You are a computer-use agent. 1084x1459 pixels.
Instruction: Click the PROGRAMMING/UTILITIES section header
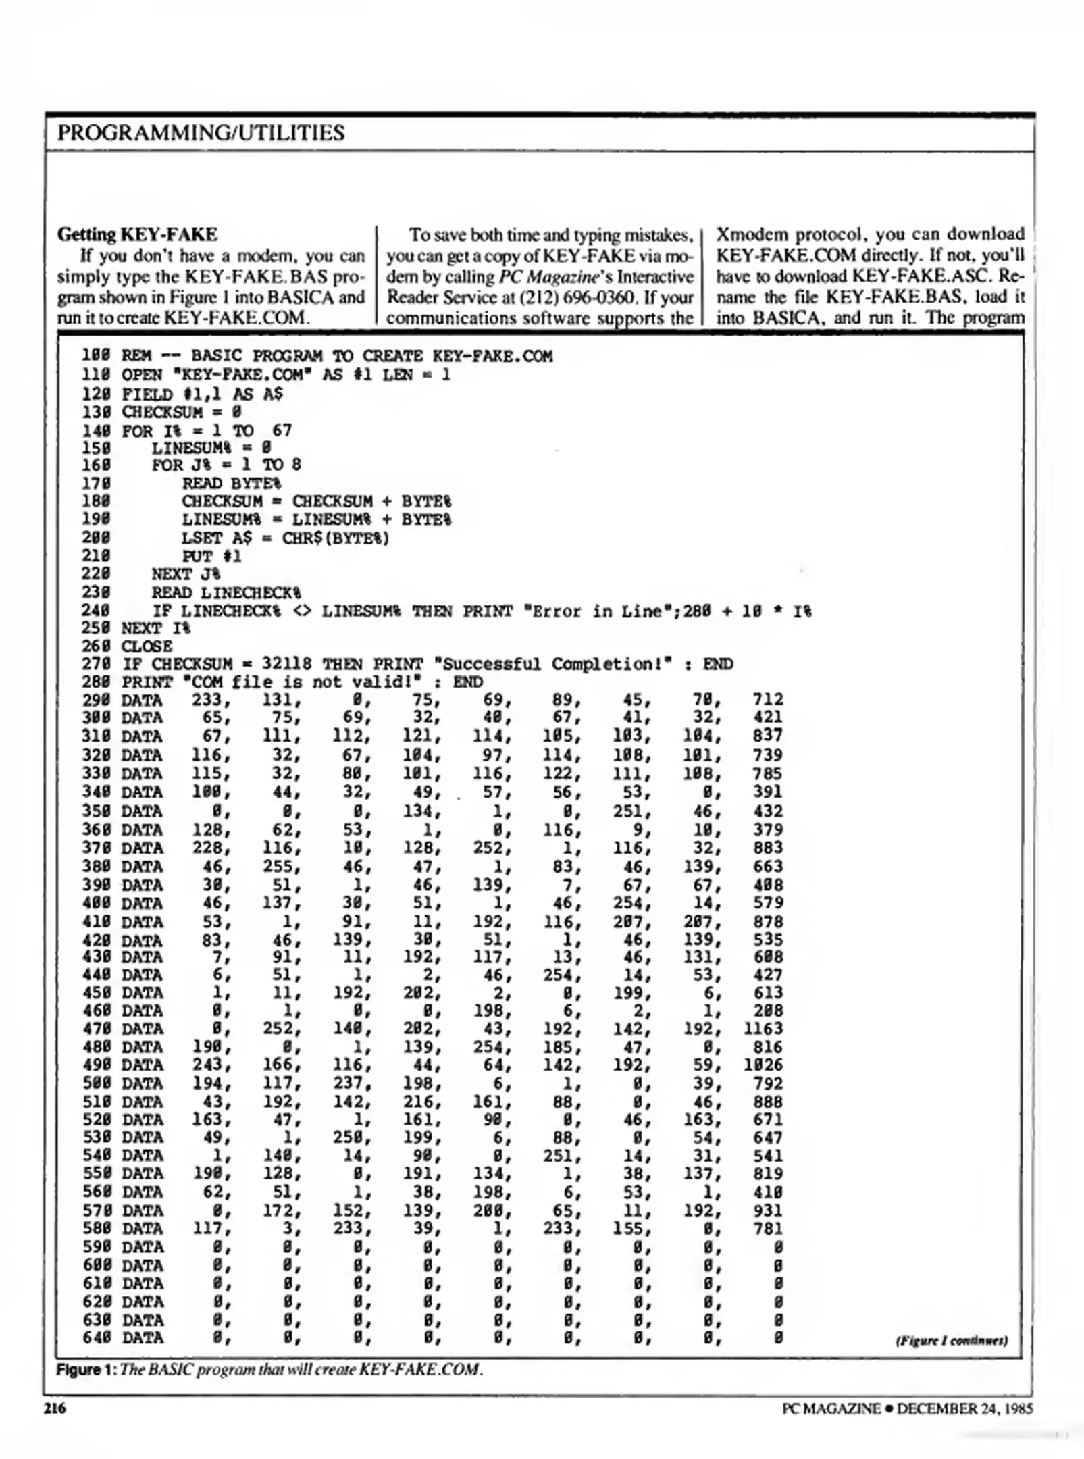(x=201, y=132)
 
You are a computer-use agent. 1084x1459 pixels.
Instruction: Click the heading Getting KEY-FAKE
(x=137, y=234)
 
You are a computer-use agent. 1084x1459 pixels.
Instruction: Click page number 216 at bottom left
(x=55, y=1408)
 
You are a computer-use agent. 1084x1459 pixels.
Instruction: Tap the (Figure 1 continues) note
(x=951, y=1340)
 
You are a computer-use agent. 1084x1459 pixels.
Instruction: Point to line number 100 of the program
(x=95, y=356)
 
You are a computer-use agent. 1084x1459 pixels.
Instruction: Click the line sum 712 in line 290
(x=767, y=700)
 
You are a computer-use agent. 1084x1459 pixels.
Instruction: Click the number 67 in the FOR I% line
(x=282, y=430)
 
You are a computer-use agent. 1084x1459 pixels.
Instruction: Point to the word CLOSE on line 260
(x=146, y=646)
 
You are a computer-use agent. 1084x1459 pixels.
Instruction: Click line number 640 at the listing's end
(x=95, y=1337)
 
